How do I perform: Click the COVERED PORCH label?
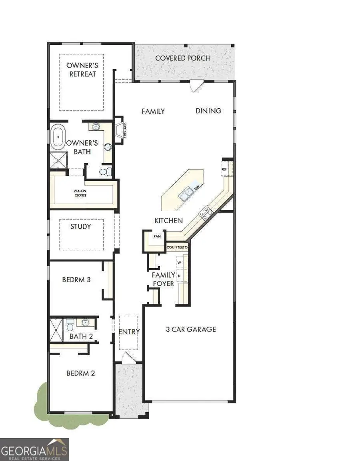click(182, 58)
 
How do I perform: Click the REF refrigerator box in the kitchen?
click(224, 169)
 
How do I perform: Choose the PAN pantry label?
click(157, 236)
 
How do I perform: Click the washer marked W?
click(180, 262)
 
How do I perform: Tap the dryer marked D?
click(180, 276)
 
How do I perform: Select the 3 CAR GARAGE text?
click(191, 329)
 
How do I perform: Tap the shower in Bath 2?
click(56, 330)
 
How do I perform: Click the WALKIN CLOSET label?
click(80, 193)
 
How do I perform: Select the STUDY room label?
click(80, 227)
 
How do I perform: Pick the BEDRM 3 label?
click(76, 280)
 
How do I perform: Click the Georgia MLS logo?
click(34, 449)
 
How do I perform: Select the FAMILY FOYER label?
click(163, 279)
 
